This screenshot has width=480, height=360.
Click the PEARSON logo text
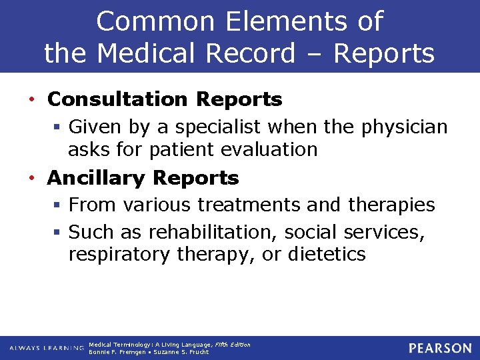click(x=440, y=348)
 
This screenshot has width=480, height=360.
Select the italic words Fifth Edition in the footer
click(x=233, y=345)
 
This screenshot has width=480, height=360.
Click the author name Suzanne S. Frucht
click(x=181, y=352)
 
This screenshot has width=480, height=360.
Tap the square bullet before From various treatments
click(x=59, y=205)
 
